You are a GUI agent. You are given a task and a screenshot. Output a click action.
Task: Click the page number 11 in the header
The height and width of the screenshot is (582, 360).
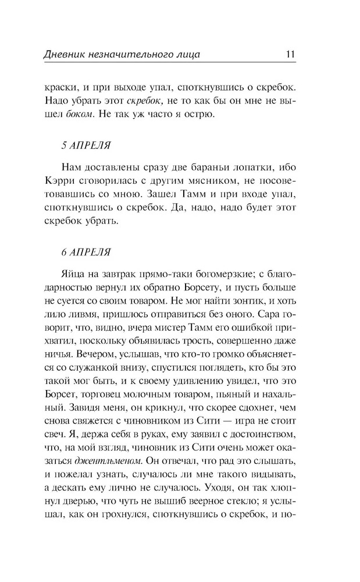pyautogui.click(x=291, y=55)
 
